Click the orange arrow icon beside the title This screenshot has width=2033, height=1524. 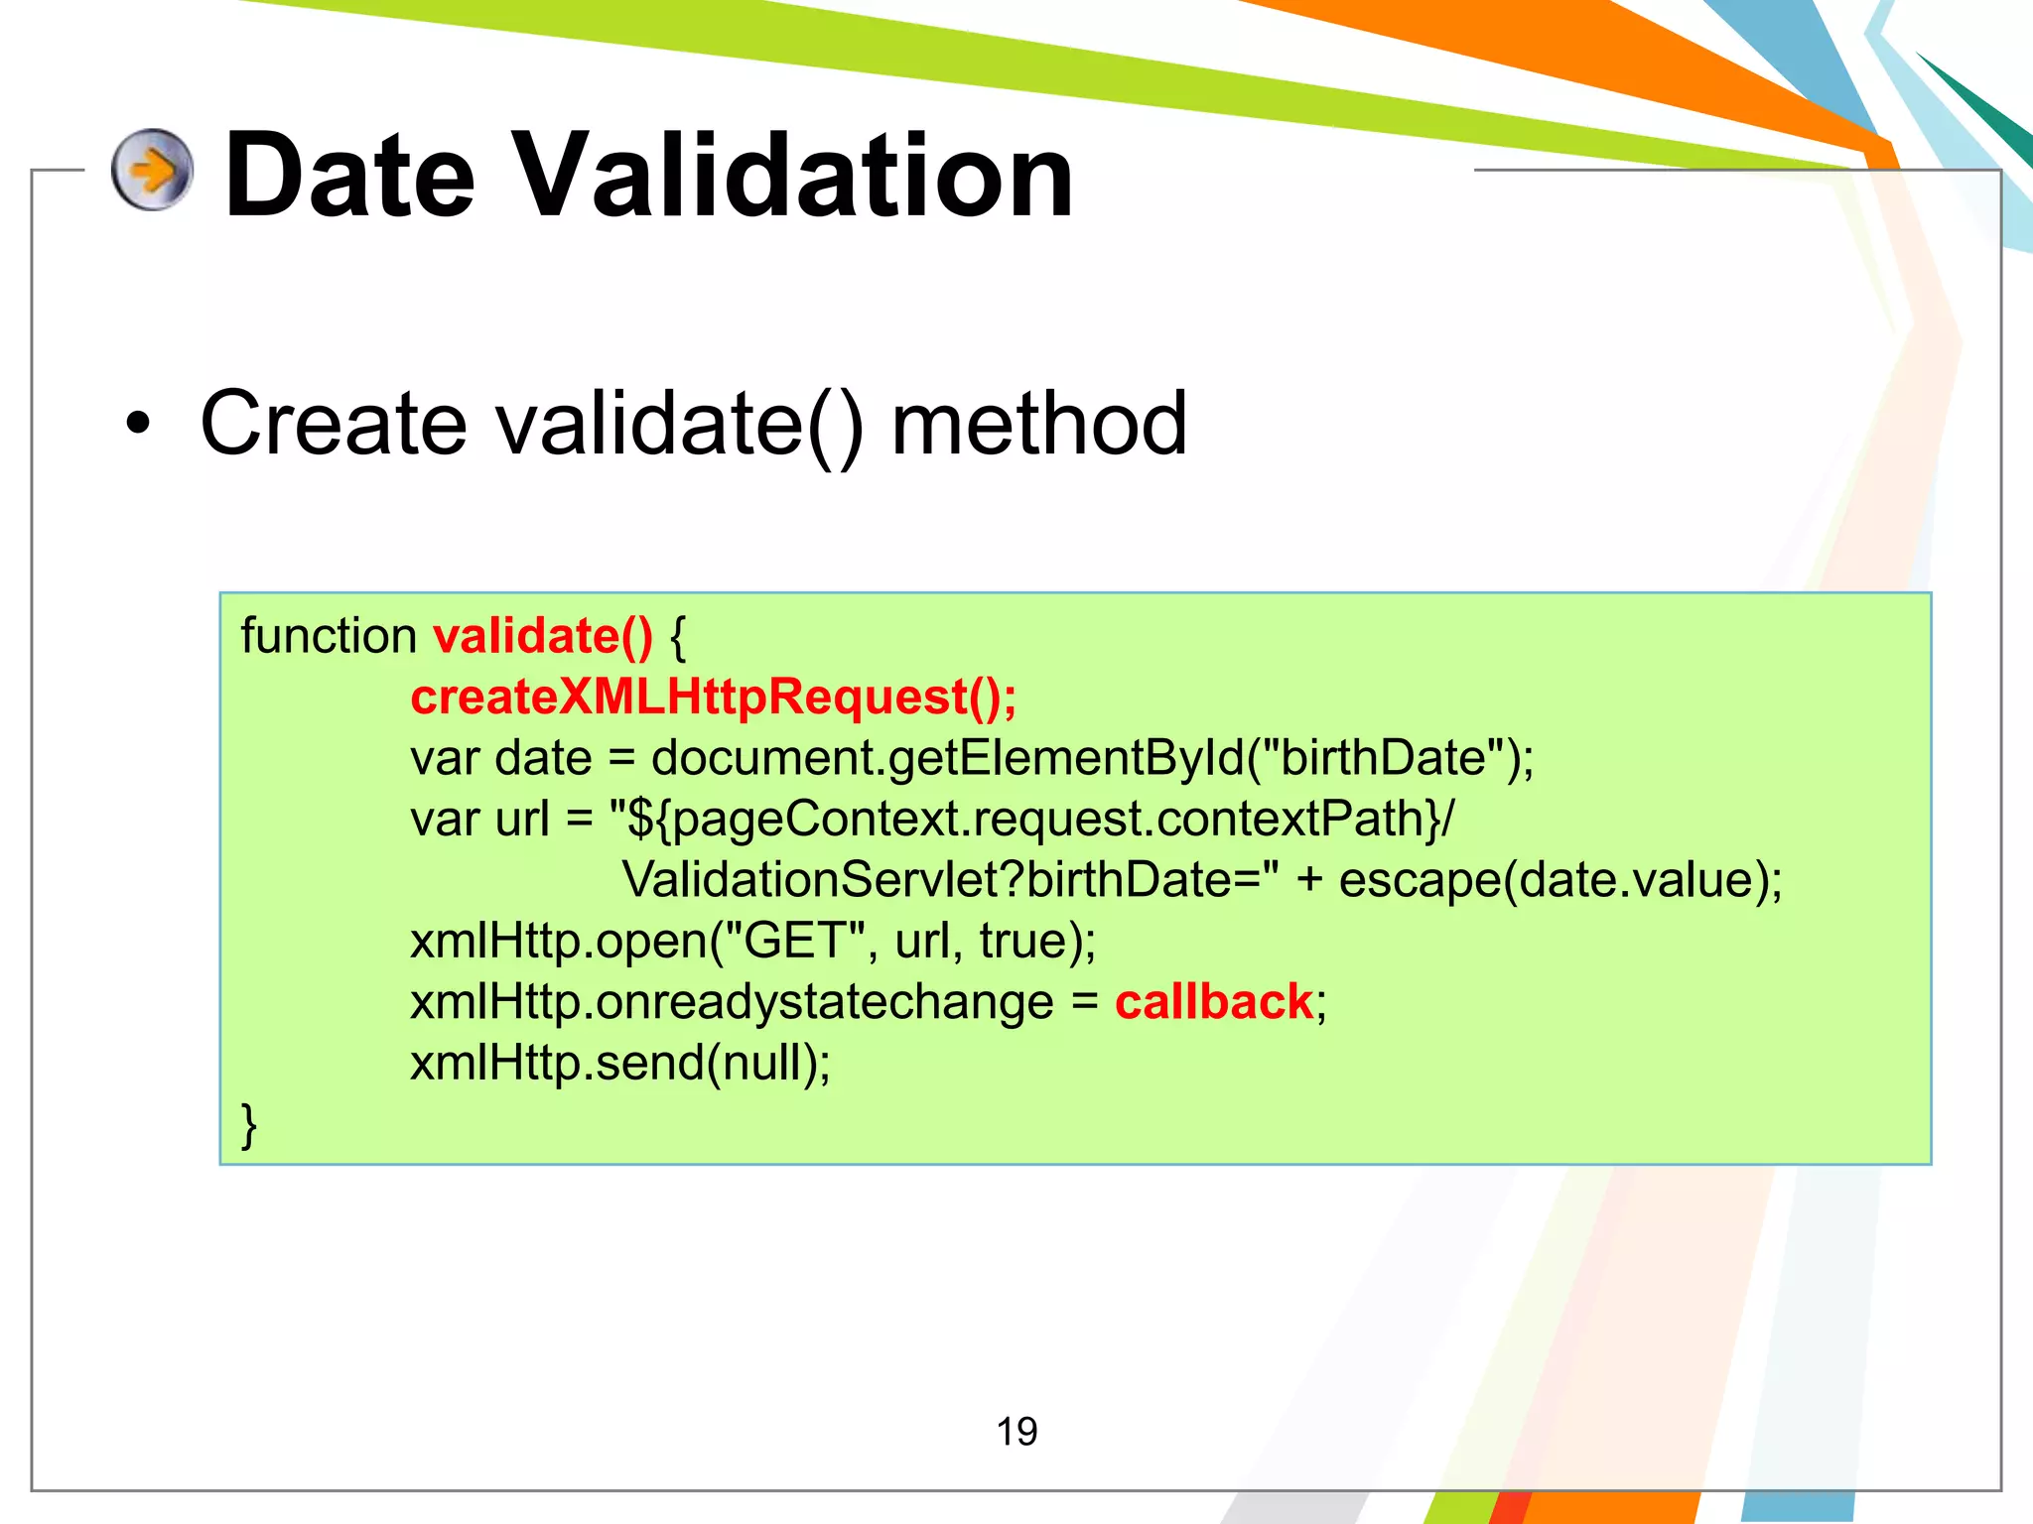click(152, 170)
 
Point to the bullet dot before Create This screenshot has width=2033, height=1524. click(139, 425)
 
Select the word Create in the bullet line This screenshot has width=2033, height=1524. click(333, 424)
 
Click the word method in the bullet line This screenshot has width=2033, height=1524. click(1038, 424)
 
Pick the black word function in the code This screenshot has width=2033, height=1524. click(329, 636)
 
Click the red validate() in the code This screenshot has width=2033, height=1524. click(543, 636)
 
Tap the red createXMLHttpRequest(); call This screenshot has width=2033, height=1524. click(713, 697)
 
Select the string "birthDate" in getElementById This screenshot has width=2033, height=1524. click(1382, 758)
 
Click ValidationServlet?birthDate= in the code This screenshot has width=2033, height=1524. click(949, 880)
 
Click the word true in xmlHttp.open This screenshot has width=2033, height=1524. click(1022, 941)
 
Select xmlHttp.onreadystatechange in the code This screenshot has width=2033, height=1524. click(732, 1002)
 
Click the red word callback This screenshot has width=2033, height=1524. click(1213, 1002)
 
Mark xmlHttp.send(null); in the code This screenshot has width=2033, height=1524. click(620, 1063)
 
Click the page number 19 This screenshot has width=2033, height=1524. click(1016, 1432)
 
